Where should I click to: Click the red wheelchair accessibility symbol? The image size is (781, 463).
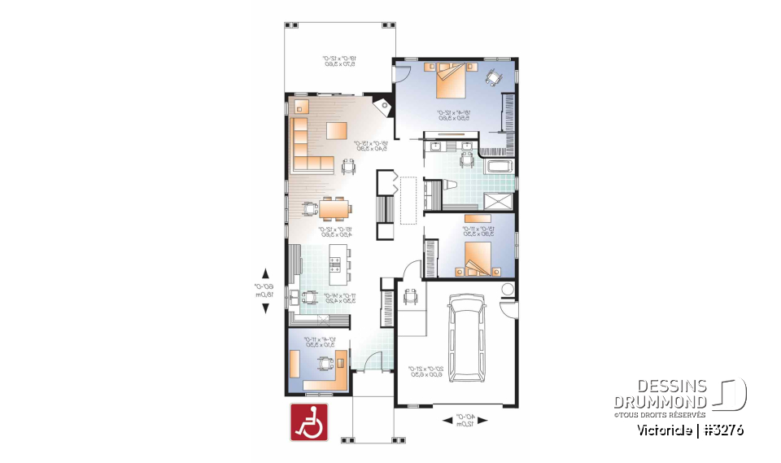point(308,422)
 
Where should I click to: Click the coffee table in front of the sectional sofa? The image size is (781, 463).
point(337,130)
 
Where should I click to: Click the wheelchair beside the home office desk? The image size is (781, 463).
point(325,364)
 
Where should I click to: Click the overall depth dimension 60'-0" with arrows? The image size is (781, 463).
point(264,290)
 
